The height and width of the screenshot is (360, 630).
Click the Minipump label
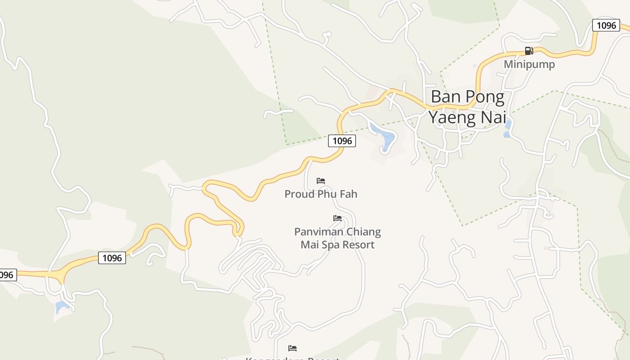click(529, 64)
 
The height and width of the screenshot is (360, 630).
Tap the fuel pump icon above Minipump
click(529, 51)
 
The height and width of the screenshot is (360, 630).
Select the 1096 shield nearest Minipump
click(606, 25)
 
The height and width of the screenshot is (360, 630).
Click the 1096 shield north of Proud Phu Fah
click(342, 141)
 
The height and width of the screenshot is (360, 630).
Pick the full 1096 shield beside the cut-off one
click(112, 258)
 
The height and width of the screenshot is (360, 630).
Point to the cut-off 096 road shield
click(7, 274)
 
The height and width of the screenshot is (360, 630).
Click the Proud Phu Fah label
click(321, 194)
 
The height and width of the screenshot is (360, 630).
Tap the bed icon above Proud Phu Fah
click(321, 181)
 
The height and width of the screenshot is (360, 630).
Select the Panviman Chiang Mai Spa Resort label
click(337, 238)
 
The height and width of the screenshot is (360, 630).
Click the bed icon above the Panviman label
click(337, 218)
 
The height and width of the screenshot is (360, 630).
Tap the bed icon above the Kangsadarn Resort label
click(292, 348)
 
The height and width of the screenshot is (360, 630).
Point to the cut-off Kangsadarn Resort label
click(292, 358)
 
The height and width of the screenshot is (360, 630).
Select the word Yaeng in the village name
click(456, 117)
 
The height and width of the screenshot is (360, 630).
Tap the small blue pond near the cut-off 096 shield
click(61, 307)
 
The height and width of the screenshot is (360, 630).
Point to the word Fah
click(348, 194)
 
